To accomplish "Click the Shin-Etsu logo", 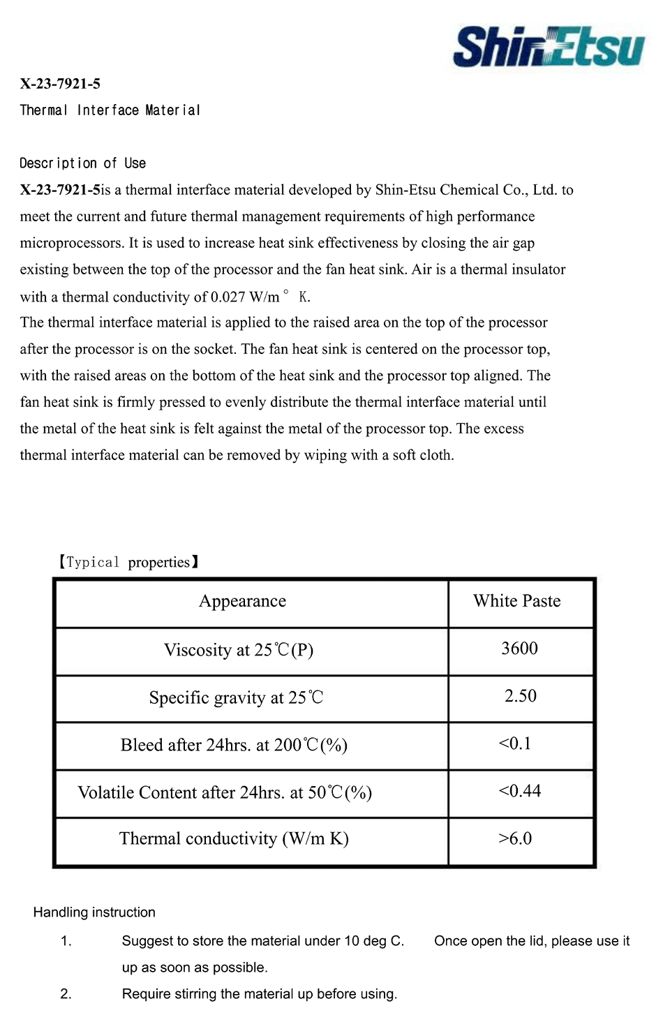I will [x=549, y=46].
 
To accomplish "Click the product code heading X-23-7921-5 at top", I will [x=60, y=84].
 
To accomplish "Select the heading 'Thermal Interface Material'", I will [x=110, y=110].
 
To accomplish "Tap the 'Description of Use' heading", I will [x=82, y=163].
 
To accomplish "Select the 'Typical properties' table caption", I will [x=128, y=562].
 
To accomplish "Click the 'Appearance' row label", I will [x=242, y=601].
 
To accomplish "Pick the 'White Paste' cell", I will [x=516, y=601].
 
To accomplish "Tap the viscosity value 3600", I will [x=519, y=649].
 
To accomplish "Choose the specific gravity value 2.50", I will [x=521, y=696].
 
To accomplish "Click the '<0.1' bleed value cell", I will [x=515, y=743].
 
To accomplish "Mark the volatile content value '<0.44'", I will [x=520, y=791].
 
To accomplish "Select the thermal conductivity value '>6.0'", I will [x=515, y=838].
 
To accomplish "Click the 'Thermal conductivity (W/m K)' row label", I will [x=234, y=838].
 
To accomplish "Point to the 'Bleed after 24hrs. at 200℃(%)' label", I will [x=234, y=745].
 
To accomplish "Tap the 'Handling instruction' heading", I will [x=94, y=912].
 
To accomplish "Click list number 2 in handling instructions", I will [x=66, y=994].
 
